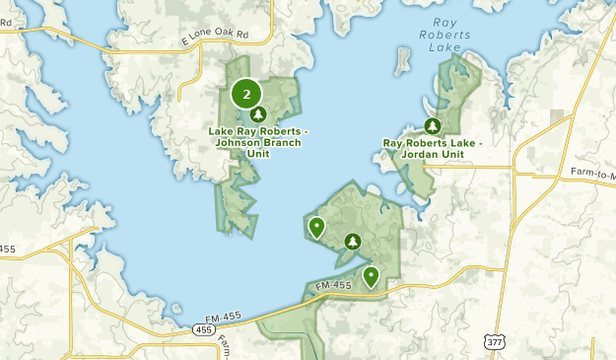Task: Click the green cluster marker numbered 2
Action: tap(246, 94)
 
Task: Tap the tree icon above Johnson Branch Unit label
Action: tap(258, 114)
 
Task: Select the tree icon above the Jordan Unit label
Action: tap(431, 125)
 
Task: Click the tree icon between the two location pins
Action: tap(352, 242)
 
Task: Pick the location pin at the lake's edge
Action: tap(316, 228)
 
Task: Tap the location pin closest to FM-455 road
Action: tap(371, 276)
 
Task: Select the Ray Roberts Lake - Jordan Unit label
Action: tap(432, 149)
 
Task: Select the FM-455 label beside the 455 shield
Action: tap(196, 317)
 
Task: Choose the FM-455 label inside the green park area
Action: tap(335, 286)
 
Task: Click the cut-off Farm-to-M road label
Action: tap(592, 173)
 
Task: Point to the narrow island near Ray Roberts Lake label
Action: tap(401, 62)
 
